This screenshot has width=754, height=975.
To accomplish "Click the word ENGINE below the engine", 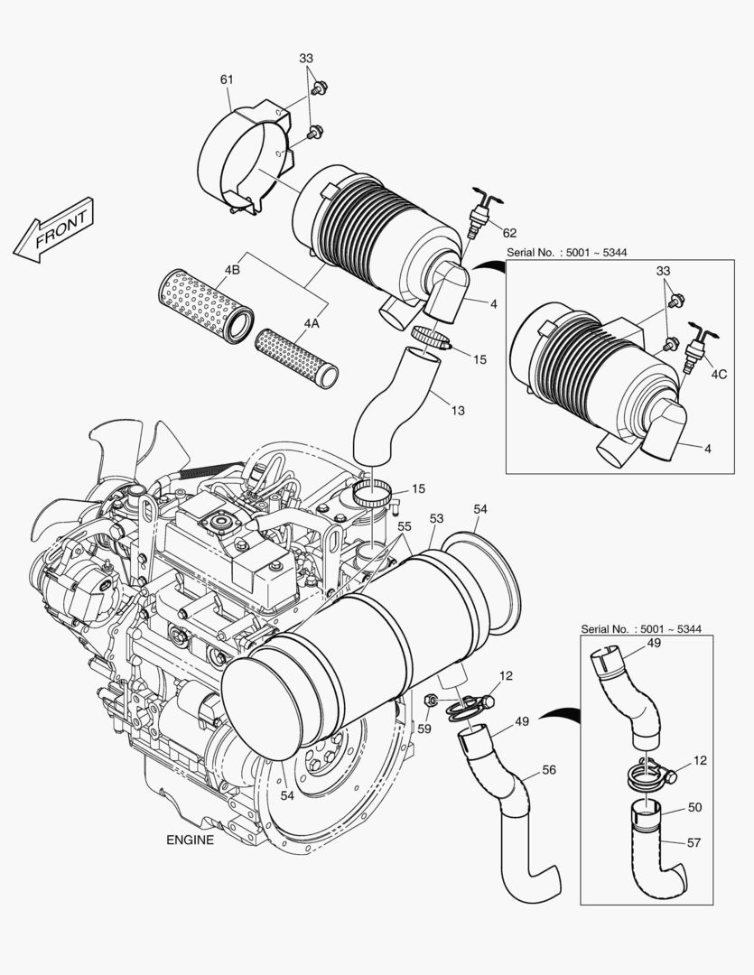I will (x=191, y=840).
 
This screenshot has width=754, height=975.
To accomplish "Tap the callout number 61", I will (x=227, y=79).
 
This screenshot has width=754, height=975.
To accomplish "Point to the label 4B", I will (x=232, y=269).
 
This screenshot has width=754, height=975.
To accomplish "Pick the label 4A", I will (x=312, y=322).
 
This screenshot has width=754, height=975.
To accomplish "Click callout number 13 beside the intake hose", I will (x=458, y=411).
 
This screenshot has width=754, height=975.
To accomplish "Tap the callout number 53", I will (x=437, y=519).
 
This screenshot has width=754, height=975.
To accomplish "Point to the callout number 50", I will (x=694, y=807).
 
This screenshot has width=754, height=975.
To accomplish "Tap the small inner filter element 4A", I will (x=297, y=356).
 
